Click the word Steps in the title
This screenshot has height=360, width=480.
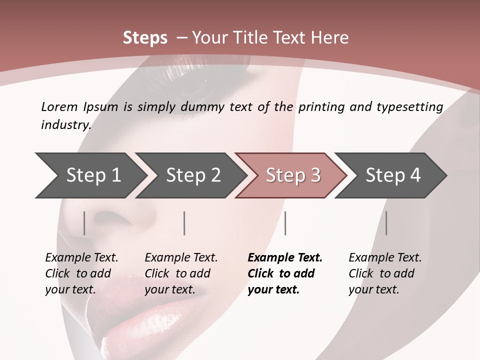click(145, 38)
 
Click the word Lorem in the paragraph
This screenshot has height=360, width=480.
click(59, 106)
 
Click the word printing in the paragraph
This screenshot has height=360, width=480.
click(320, 107)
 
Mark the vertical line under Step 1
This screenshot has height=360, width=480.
click(84, 223)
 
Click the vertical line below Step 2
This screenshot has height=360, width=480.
click(184, 223)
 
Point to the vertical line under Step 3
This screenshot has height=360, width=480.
click(285, 223)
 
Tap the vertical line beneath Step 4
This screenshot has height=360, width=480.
click(386, 223)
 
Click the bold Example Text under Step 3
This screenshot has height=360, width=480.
click(285, 258)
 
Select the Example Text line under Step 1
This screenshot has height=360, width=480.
click(81, 258)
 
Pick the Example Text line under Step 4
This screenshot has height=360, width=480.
click(385, 258)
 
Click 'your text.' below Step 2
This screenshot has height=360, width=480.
click(169, 290)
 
